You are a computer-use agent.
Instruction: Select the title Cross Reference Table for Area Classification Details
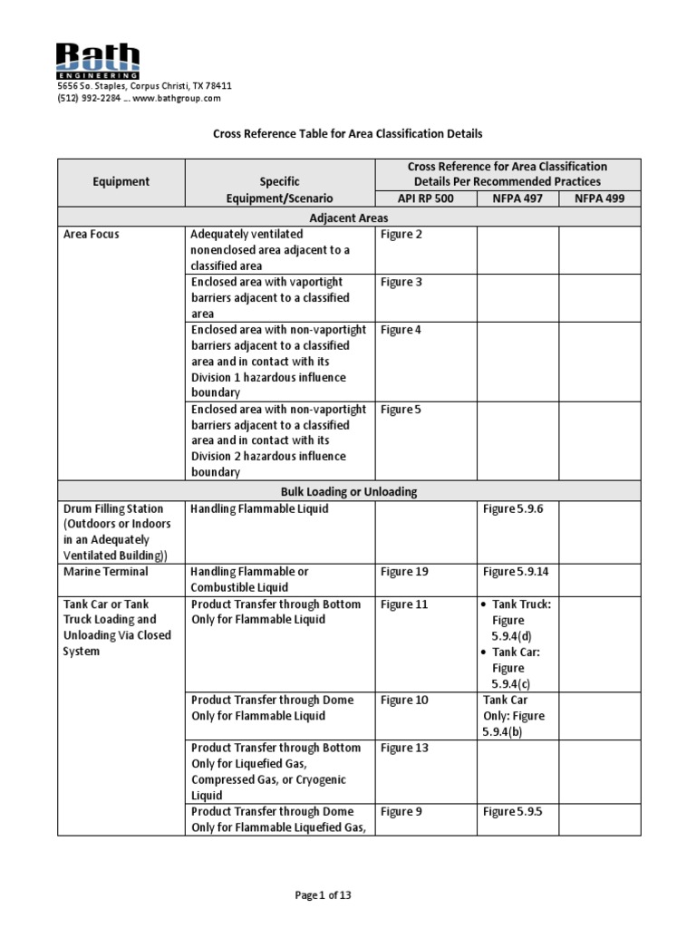[347, 133]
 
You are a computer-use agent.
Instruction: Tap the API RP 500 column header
[425, 198]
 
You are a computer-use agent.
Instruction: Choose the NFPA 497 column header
[517, 198]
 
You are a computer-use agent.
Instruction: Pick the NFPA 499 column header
[598, 198]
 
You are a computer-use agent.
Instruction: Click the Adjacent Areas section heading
[349, 217]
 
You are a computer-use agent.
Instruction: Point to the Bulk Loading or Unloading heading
[349, 491]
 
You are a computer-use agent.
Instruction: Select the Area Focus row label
[92, 235]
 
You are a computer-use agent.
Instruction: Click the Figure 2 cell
[401, 235]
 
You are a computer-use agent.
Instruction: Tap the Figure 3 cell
[401, 283]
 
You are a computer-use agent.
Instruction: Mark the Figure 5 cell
[401, 410]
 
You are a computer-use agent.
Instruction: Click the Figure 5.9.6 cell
[513, 509]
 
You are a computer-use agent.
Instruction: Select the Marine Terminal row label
[105, 573]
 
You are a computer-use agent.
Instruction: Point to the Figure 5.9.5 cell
[513, 812]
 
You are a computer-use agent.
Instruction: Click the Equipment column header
[121, 182]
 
